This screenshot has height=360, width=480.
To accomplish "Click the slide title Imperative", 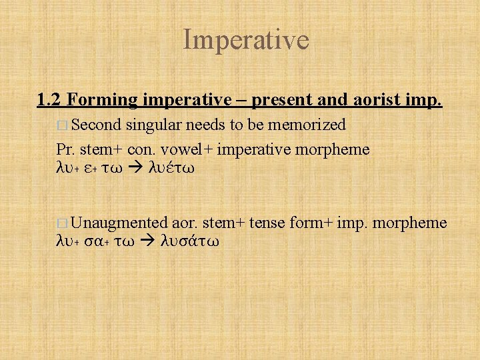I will pos(246,39).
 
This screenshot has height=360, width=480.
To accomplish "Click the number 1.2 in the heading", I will pos(50,100).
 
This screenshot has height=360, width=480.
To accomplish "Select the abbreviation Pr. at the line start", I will pos(65,149).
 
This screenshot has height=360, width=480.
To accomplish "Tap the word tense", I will pos(266,222).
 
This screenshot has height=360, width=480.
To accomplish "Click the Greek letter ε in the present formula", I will pos(91,169).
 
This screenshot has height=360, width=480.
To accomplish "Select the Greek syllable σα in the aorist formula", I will pos(96,241).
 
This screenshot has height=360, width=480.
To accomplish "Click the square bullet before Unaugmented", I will pos(62,223).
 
